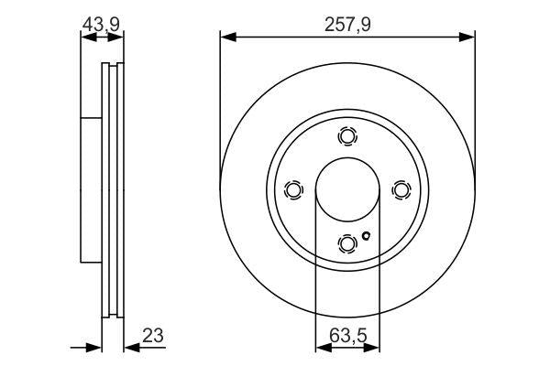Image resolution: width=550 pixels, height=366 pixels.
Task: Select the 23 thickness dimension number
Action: pos(152,336)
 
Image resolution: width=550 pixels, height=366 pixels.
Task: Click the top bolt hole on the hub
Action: pos(346,136)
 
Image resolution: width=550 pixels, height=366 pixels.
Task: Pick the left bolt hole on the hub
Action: pos(293,189)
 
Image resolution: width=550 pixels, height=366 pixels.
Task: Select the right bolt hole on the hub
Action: pos(400,189)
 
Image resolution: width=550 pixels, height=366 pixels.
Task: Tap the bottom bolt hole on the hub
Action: pos(346,242)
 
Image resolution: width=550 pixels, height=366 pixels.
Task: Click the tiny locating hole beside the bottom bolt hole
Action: pos(366,237)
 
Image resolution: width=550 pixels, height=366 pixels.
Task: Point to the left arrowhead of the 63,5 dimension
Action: pos(321,347)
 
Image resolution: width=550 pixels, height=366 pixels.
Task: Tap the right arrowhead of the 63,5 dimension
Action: pos(372,347)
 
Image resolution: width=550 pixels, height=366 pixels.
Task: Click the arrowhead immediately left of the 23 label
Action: pos(129,347)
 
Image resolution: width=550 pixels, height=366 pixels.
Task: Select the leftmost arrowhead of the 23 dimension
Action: pos(93,347)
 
